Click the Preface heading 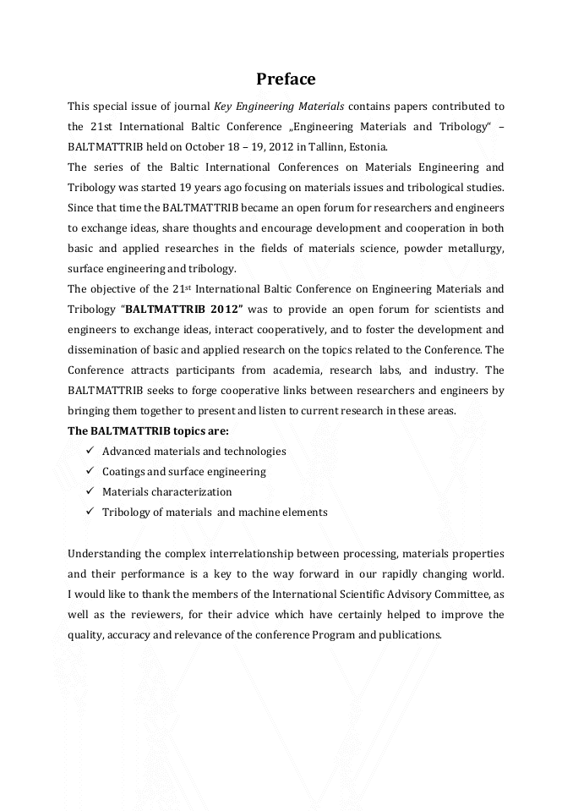point(286,79)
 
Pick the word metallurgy point(475,249)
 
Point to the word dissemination point(102,350)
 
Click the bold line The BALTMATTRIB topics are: point(148,431)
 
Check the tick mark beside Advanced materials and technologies point(90,452)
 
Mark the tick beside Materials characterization point(90,492)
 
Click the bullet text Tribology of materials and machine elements point(215,512)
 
